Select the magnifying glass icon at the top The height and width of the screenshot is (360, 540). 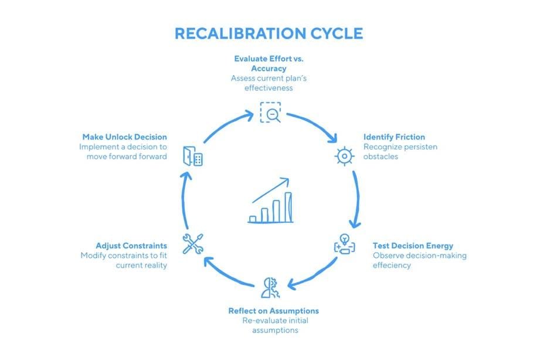[270, 112]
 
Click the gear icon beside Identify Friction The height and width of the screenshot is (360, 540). [344, 156]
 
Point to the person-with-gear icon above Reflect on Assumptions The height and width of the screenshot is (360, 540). [270, 288]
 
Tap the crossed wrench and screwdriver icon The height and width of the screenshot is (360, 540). [193, 243]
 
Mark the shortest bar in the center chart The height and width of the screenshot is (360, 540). [253, 219]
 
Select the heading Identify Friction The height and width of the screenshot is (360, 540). [394, 137]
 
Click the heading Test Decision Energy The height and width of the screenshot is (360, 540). [413, 246]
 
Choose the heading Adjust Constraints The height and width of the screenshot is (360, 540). [131, 246]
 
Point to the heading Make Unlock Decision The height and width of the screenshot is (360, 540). [124, 137]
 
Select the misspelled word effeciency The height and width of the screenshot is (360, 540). [392, 265]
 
